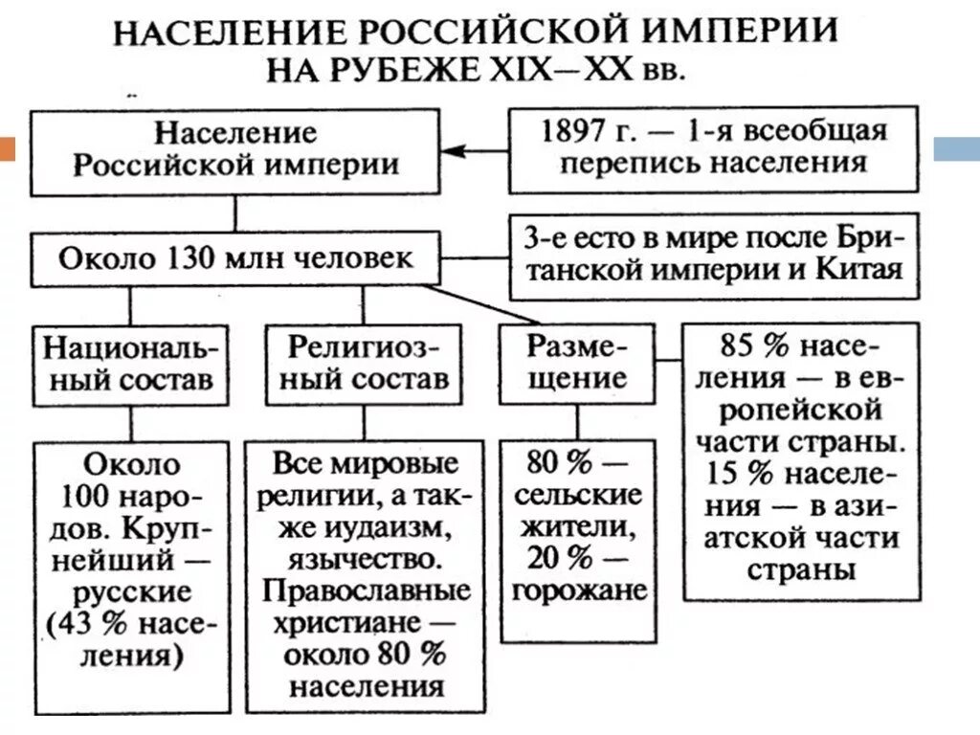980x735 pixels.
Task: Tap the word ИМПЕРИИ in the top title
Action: click(746, 32)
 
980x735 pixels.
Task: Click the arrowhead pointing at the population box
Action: click(453, 150)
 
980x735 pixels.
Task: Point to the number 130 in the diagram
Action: click(202, 257)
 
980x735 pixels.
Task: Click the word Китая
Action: click(859, 268)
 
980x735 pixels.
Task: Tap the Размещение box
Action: click(576, 361)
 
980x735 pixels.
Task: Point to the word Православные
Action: click(367, 590)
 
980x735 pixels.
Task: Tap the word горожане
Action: click(579, 590)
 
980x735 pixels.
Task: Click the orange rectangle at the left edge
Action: click(8, 149)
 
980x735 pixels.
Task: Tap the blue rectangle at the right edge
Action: click(956, 149)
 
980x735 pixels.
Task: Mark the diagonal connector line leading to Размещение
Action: click(479, 303)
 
